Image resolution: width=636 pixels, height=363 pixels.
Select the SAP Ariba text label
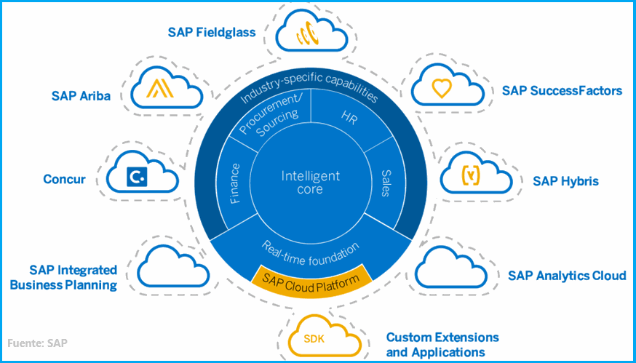pos(81,95)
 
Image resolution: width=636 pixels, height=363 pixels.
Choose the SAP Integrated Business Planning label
pos(63,278)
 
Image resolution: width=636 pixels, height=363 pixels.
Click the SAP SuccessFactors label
pos(562,91)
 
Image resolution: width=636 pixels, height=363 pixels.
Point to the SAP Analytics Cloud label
pos(567,275)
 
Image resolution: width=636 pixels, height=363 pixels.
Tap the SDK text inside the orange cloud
pos(314,338)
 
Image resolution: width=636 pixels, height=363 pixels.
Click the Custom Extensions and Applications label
pos(442,345)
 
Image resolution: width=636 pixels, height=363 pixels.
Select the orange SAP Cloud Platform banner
pos(311,276)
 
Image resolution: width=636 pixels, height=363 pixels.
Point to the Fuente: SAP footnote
pos(39,343)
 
